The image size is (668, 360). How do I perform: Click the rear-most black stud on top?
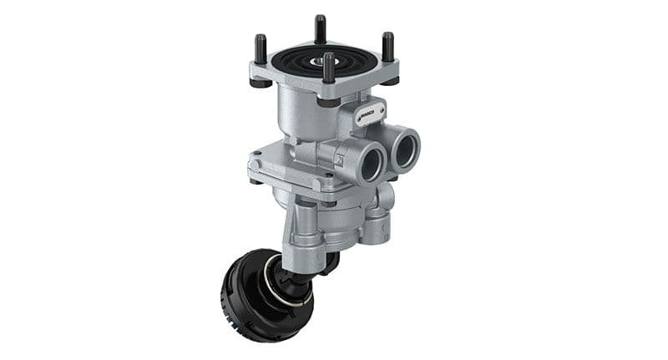click(320, 29)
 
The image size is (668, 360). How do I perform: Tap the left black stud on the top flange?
click(261, 49)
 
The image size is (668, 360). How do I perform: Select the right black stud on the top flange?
click(387, 47)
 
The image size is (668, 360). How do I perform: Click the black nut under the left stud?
click(261, 83)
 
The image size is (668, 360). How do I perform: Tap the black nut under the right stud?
click(389, 81)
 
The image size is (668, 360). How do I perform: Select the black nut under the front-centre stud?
click(329, 103)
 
